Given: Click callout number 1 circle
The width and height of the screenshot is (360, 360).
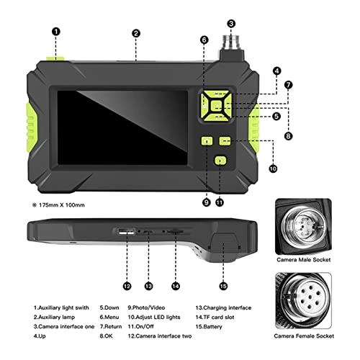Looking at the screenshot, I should click(56, 32).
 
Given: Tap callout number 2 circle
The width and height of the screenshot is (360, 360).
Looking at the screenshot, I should click(135, 32).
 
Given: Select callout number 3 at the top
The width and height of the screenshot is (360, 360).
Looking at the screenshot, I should click(230, 23).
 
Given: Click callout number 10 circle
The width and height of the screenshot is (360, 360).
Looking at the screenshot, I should click(273, 170).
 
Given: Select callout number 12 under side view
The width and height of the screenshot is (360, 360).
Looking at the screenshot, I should click(127, 286).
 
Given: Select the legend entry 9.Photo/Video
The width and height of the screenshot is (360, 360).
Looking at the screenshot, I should click(150, 307).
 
